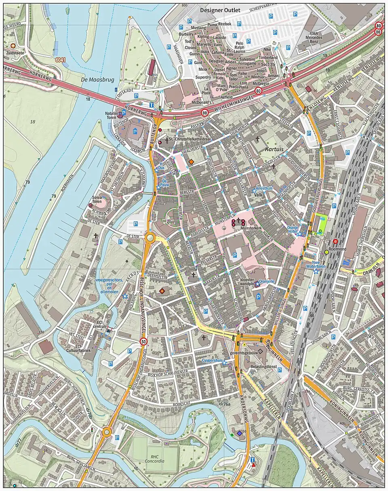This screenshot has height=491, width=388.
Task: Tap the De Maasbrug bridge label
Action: tap(95, 79)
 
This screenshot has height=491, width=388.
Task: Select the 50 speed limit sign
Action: tap(143, 342)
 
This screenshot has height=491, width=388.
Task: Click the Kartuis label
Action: tap(274, 149)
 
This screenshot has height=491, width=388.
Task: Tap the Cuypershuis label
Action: tap(213, 360)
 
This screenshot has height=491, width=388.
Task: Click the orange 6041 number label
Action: tap(61, 60)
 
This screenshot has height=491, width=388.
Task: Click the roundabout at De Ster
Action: tap(151, 238)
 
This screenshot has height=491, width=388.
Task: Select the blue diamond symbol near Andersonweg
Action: tap(240, 434)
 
